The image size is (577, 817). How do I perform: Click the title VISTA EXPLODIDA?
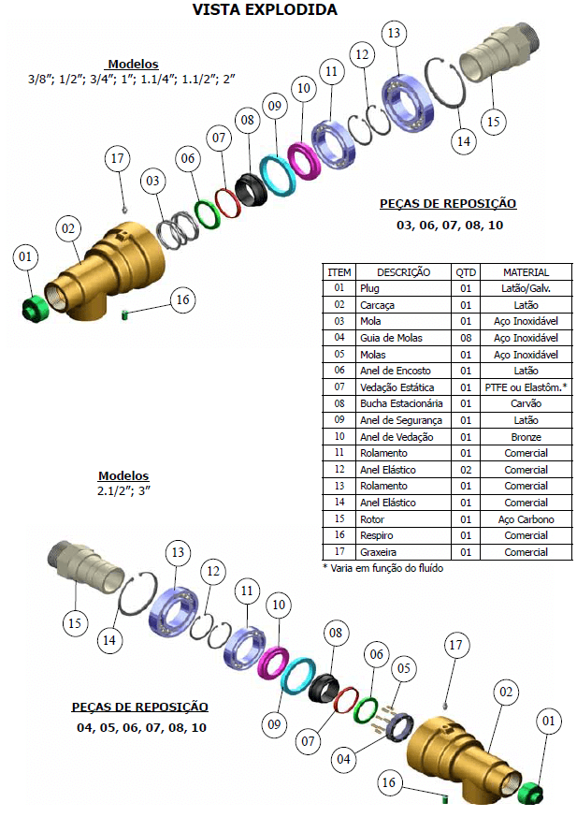265,10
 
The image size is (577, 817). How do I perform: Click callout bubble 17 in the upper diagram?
117,158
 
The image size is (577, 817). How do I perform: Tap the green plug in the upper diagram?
35,306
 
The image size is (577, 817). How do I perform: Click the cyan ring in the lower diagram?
300,675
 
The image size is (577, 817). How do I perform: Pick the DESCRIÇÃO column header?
403,272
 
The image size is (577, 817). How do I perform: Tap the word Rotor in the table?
372,519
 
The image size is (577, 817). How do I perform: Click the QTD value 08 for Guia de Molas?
465,338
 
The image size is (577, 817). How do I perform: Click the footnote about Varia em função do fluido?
382,568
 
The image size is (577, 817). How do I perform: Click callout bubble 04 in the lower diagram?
345,758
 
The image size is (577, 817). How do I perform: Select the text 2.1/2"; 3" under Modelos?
123,490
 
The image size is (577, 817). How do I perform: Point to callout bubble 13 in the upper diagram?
395,34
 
